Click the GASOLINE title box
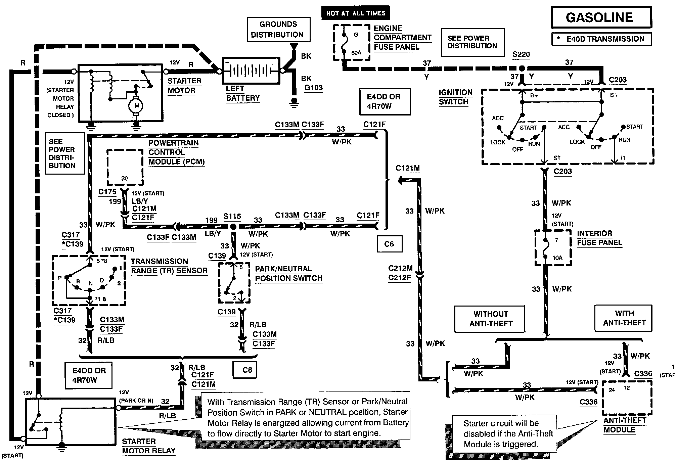point(601,17)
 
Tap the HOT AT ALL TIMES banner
point(356,13)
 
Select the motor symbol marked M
point(136,105)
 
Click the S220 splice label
point(521,54)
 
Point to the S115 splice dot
point(233,227)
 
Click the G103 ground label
point(314,88)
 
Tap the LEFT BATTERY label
point(243,93)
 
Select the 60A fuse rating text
point(356,53)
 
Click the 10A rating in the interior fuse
point(557,258)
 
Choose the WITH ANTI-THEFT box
point(624,318)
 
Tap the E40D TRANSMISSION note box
point(601,39)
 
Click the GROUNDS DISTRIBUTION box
point(278,30)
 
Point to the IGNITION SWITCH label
point(455,97)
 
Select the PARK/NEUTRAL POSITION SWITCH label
point(289,274)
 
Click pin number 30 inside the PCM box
point(124,178)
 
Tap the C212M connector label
point(400,268)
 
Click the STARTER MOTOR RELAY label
point(149,446)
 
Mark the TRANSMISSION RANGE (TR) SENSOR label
point(169,266)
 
